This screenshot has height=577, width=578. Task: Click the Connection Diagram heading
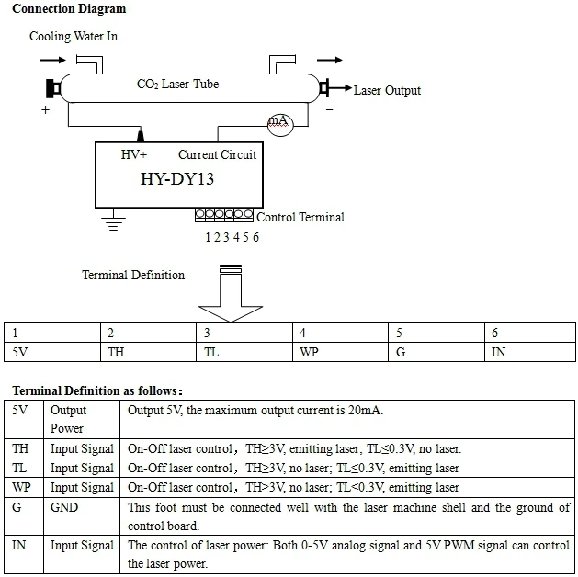click(69, 9)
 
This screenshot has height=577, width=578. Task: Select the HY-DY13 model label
click(177, 178)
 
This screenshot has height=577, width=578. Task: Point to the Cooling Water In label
click(74, 37)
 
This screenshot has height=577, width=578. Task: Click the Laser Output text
click(387, 90)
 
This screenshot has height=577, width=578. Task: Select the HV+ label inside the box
click(134, 154)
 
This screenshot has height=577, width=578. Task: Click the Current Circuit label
click(217, 154)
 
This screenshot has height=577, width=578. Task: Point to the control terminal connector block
click(224, 215)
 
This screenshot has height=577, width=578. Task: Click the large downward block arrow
click(230, 294)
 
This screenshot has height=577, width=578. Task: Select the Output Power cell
click(67, 420)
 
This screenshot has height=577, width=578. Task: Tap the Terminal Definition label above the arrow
click(133, 275)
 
